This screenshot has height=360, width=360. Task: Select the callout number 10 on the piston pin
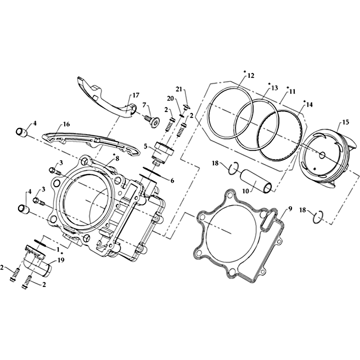tap(246, 191)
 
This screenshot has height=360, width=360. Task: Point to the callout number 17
tap(136, 95)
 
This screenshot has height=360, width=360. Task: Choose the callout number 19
tap(61, 260)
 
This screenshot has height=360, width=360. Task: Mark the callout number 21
tap(179, 89)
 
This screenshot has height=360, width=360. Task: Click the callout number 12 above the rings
tap(251, 75)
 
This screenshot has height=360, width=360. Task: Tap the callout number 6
tap(172, 181)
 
